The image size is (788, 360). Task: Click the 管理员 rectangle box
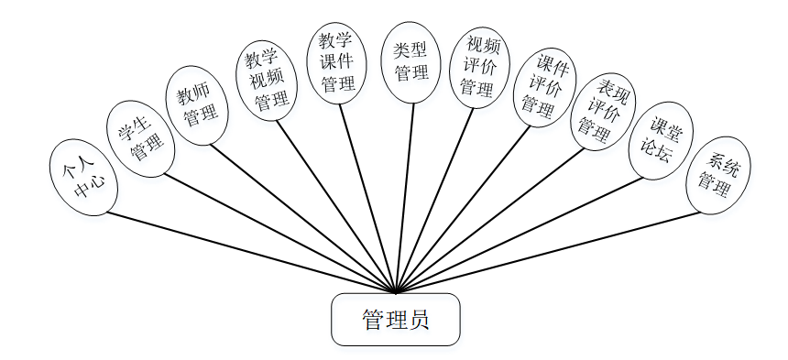pos(395,320)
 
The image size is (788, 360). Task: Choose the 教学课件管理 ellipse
pos(338,63)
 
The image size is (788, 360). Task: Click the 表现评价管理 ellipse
pos(603,111)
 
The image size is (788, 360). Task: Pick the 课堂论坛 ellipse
pos(661,139)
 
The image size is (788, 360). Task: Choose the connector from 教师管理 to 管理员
pos(302,218)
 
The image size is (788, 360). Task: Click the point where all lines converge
pos(396,293)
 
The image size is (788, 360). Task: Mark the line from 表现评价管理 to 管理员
pos(490,220)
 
